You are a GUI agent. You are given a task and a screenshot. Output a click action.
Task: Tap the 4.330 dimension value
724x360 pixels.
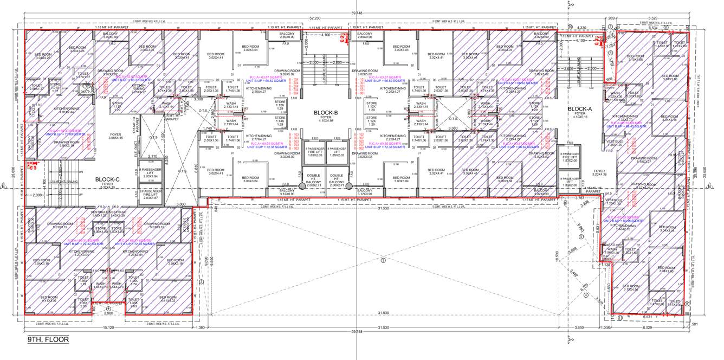pyautogui.click(x=582, y=27)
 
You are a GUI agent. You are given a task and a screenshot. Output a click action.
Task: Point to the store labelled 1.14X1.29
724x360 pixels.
pyautogui.click(x=280, y=121)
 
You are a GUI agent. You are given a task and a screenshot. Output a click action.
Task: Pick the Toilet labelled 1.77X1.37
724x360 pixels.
pyautogui.click(x=83, y=75)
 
